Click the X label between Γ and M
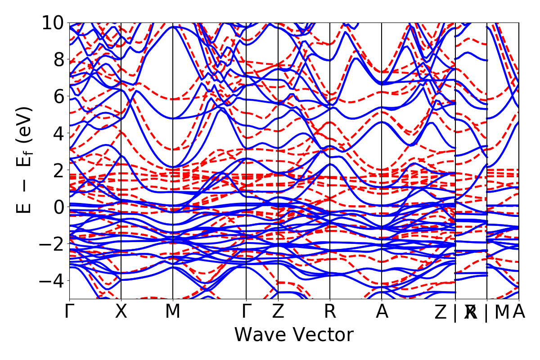pyautogui.click(x=121, y=312)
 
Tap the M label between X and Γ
pyautogui.click(x=173, y=312)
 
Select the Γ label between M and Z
pyautogui.click(x=246, y=312)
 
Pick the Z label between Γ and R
pyautogui.click(x=278, y=312)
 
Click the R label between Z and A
pyautogui.click(x=330, y=312)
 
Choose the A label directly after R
pyautogui.click(x=382, y=312)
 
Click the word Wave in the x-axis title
pyautogui.click(x=261, y=335)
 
